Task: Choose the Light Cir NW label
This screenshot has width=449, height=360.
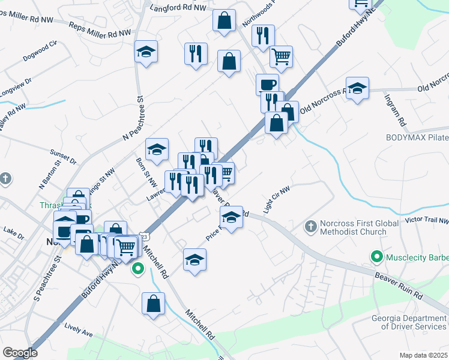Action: pyautogui.click(x=277, y=199)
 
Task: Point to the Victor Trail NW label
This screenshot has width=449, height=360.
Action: pyautogui.click(x=427, y=220)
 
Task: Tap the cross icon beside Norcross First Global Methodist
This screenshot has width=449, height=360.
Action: pyautogui.click(x=310, y=227)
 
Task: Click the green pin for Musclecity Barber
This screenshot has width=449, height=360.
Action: pyautogui.click(x=377, y=257)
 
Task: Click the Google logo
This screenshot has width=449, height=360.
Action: pyautogui.click(x=20, y=353)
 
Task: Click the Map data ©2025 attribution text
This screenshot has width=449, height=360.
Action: pyautogui.click(x=423, y=355)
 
